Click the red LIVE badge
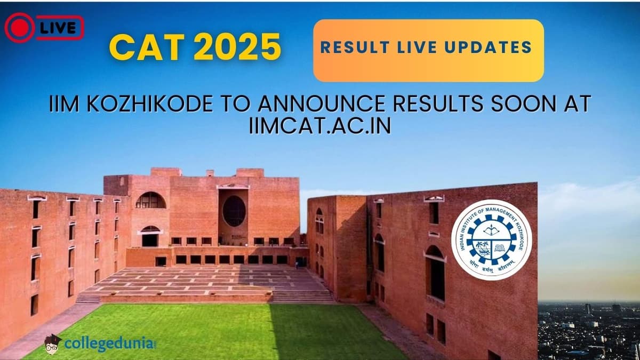coord(44,28)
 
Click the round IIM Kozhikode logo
coord(491,239)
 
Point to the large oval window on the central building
coord(234,211)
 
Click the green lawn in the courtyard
coord(213,331)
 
